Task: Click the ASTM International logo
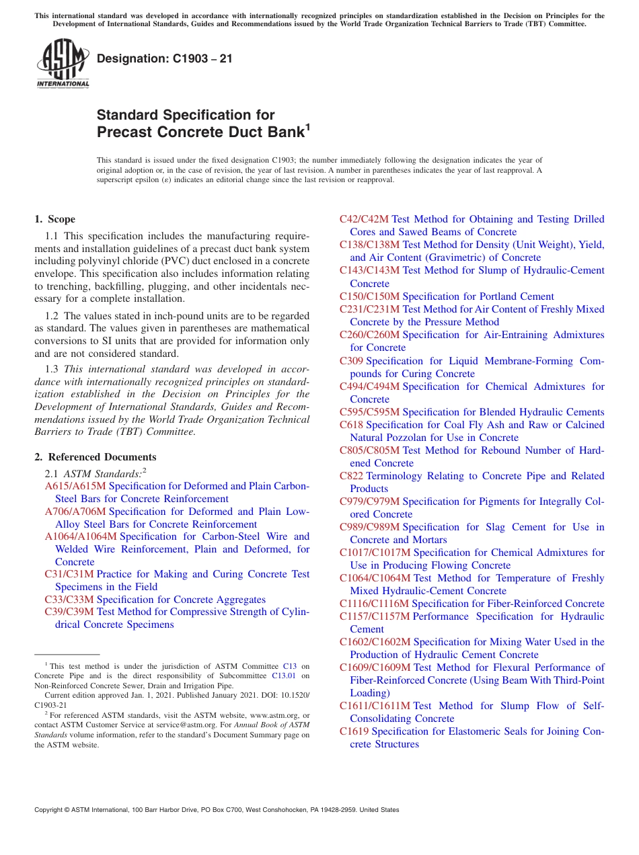(63, 64)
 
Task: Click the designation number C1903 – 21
(165, 58)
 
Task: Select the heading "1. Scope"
(55, 219)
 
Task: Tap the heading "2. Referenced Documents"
(96, 457)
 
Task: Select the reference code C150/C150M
(369, 296)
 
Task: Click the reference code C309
(351, 361)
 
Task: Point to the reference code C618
(351, 425)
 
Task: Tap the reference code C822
(351, 476)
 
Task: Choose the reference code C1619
(354, 731)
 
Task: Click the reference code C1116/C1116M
(374, 604)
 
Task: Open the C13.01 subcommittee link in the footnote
(287, 676)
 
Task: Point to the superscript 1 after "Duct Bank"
(308, 126)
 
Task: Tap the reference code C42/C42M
(364, 219)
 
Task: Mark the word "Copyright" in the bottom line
(50, 810)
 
